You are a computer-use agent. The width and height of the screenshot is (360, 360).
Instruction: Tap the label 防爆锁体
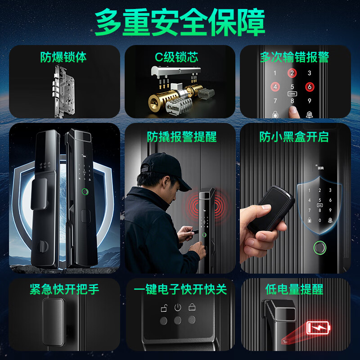[63, 57]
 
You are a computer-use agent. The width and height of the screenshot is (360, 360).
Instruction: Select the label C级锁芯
[177, 57]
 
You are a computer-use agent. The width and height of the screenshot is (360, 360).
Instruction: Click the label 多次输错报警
[294, 57]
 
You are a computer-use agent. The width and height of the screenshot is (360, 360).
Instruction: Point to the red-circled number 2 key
[292, 73]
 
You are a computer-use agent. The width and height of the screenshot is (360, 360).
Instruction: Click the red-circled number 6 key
[309, 86]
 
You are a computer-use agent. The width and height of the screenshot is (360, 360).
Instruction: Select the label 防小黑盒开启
[294, 136]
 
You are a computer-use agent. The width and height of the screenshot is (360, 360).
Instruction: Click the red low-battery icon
[318, 328]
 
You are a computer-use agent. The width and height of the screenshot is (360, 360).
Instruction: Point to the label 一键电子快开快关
[180, 289]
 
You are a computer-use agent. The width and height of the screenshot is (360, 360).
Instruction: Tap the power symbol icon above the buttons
[178, 308]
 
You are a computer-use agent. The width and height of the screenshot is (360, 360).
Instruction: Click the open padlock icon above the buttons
[164, 308]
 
